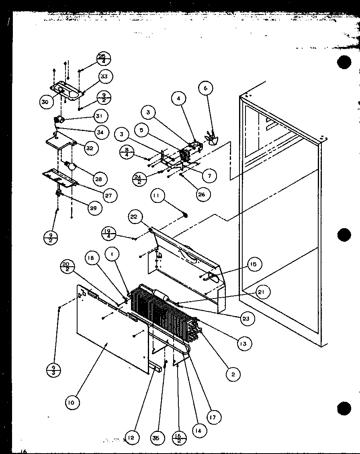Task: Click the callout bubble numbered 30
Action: click(x=45, y=102)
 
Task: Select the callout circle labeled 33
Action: click(x=104, y=76)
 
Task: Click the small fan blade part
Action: click(x=211, y=138)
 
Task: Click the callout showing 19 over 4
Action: click(x=109, y=233)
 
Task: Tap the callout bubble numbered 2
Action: click(x=233, y=374)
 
